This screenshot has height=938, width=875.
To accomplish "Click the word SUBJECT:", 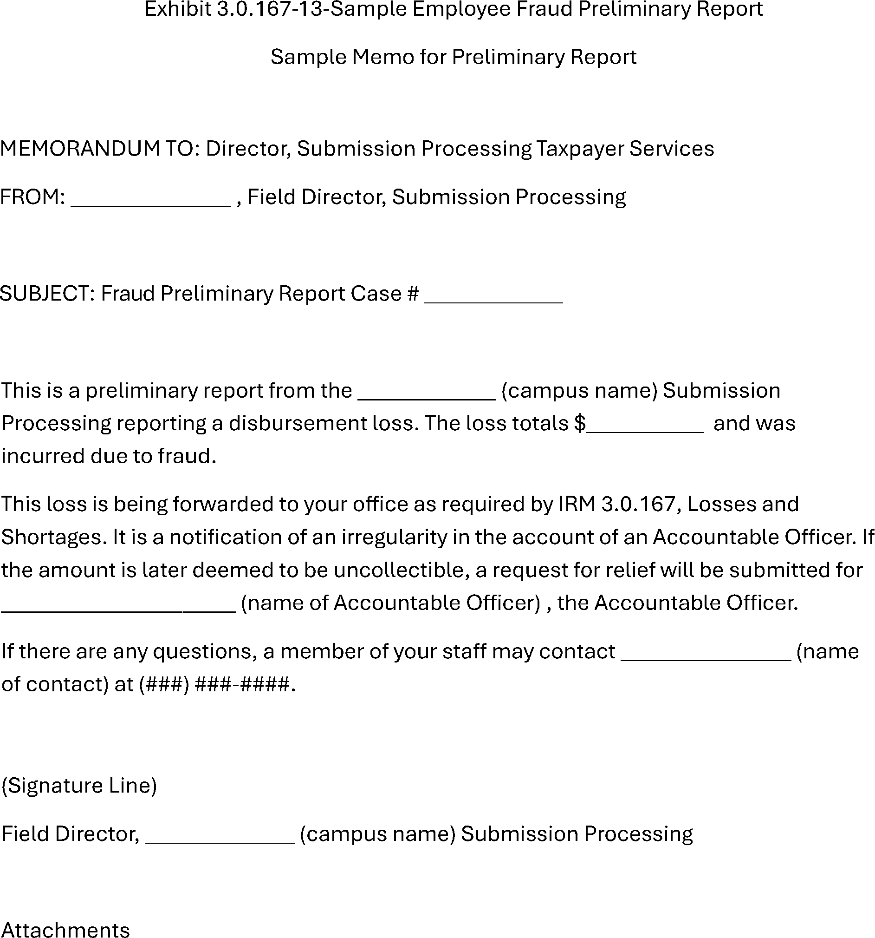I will (x=48, y=294).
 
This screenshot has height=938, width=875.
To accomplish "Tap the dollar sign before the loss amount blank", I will (x=580, y=423).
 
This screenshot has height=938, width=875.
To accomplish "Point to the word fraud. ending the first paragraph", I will (x=187, y=456).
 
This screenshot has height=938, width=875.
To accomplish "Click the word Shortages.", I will (x=54, y=538).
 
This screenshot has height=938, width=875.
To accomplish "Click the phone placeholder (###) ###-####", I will (x=217, y=684).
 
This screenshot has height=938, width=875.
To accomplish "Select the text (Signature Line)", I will (x=79, y=786).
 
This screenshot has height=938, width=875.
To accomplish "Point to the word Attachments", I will (x=65, y=929).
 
